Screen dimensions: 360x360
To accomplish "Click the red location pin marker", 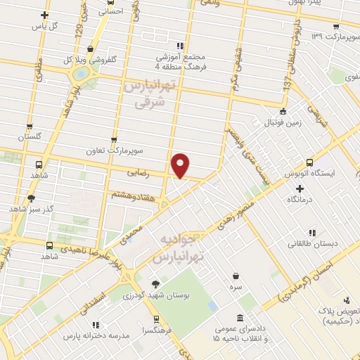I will pos(181,165).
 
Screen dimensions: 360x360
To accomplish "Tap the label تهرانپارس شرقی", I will pos(148,94).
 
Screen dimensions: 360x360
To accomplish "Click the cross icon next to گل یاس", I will pos(45,15).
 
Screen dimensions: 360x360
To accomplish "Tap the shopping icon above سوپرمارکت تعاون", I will pos(115,140).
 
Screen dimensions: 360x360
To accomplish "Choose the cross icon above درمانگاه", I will pos(300,188).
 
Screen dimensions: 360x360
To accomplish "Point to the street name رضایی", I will pos(137,171).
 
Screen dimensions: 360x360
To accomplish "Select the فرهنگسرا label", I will pos(155,330).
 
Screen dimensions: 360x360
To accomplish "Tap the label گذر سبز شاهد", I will pos(27,209).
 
